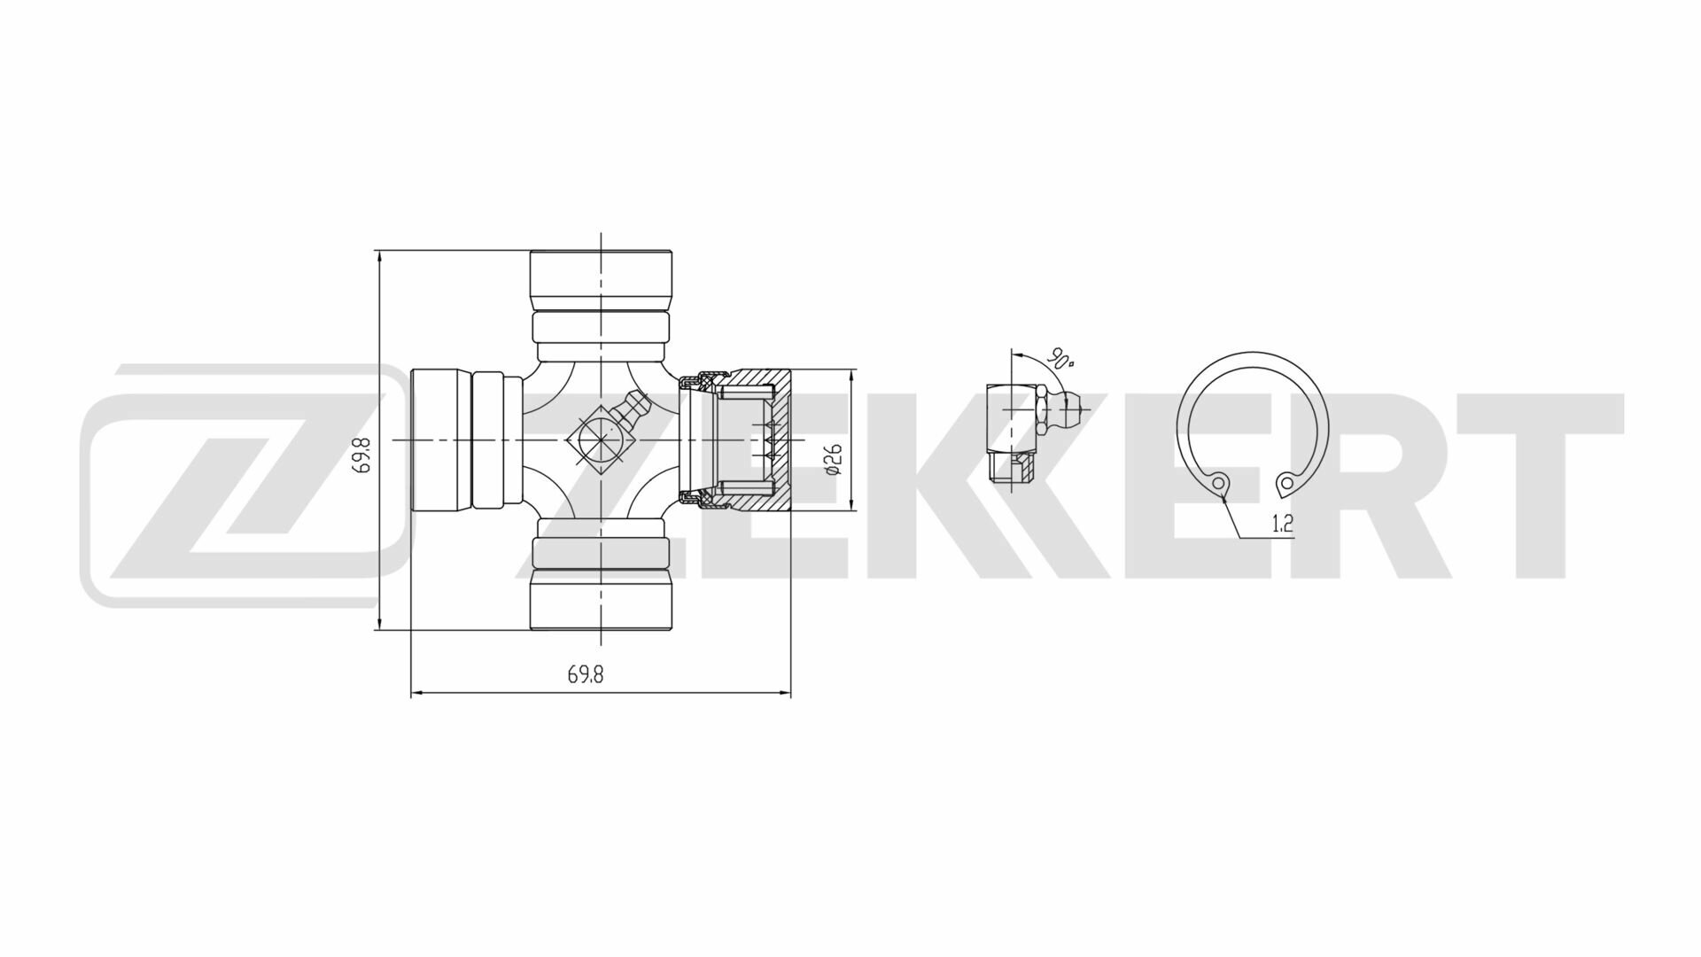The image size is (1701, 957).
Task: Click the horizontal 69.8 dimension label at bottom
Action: tap(585, 674)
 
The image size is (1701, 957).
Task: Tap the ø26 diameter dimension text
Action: tap(832, 460)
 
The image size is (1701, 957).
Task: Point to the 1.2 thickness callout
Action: tap(1282, 524)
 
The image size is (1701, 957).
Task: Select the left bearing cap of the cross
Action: tap(440, 440)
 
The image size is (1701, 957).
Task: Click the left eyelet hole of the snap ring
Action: tap(1221, 484)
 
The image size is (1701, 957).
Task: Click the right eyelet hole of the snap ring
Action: tap(1285, 484)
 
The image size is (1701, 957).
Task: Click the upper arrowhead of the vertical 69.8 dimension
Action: tap(379, 258)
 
